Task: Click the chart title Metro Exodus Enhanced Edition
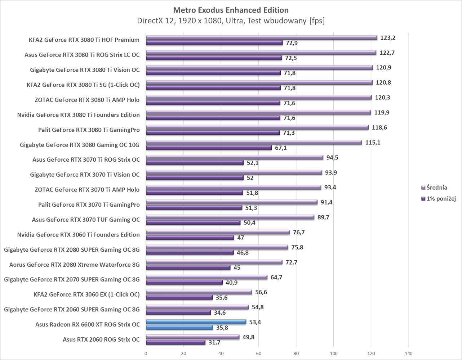[231, 10]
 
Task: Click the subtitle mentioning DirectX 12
[231, 21]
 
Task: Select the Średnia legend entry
[436, 188]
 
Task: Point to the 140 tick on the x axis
[409, 353]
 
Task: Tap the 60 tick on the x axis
[258, 353]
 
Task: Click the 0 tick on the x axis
[146, 353]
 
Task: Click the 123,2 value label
[388, 37]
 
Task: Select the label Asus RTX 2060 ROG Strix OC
[101, 339]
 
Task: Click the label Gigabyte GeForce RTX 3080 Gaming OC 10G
[80, 145]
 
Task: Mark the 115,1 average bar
[254, 142]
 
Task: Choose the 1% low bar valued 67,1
[209, 148]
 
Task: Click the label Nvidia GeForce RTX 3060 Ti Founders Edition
[78, 235]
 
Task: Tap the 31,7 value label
[214, 343]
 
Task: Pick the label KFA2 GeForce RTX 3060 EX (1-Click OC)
[86, 294]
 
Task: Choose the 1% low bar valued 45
[188, 267]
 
